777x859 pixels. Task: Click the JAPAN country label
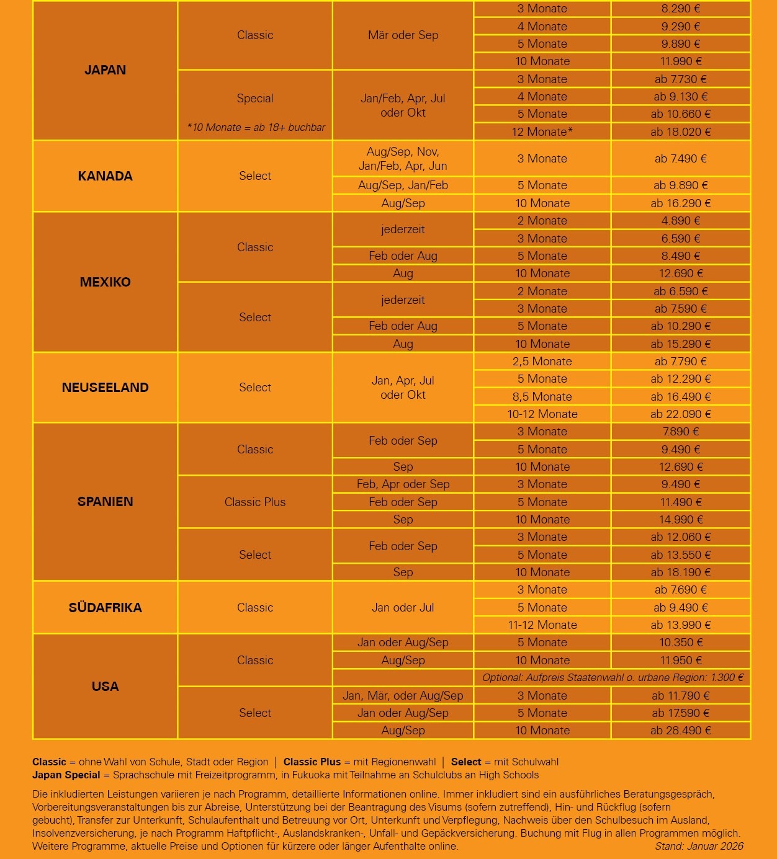[x=105, y=70]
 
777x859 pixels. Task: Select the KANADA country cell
[x=105, y=176]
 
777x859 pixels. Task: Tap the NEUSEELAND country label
[x=105, y=388]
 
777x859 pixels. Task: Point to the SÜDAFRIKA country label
[x=105, y=608]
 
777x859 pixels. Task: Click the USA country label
[x=105, y=687]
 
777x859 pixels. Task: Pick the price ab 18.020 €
[x=680, y=132]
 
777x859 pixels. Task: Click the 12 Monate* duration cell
[x=542, y=132]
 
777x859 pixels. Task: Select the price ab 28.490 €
[x=680, y=731]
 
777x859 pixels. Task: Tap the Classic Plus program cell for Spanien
[x=255, y=502]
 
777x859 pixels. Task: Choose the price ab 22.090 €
[x=680, y=414]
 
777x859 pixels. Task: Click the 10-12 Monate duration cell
[x=542, y=414]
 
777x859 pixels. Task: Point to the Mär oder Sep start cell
[x=403, y=35]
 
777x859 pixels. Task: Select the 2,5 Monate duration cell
[x=542, y=362]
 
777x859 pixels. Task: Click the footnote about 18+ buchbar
[x=256, y=127]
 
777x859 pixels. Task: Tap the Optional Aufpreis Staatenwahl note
[x=612, y=678]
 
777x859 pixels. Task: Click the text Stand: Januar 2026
[x=699, y=846]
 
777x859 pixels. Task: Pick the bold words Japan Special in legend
[x=66, y=775]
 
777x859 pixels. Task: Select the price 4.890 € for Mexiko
[x=680, y=221]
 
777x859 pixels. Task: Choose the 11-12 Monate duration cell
[x=542, y=625]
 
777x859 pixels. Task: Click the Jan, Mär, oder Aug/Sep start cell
[x=403, y=696]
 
